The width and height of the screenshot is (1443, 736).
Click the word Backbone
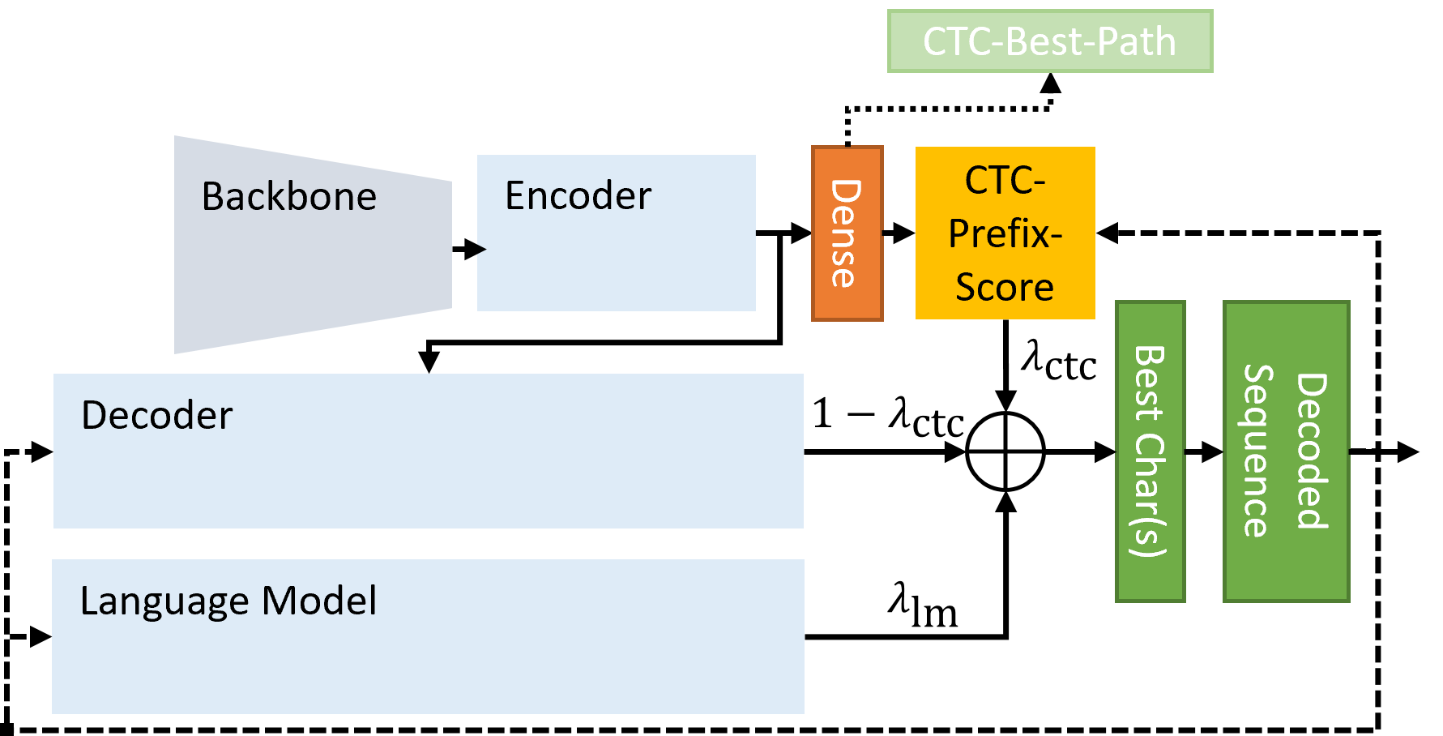click(289, 197)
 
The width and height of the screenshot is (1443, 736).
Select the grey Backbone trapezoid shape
click(312, 267)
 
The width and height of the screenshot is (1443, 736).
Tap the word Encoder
click(578, 196)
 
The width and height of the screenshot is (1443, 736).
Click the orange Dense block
click(847, 234)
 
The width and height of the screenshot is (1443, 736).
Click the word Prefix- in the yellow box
click(1005, 234)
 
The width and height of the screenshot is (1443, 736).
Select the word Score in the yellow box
click(1005, 288)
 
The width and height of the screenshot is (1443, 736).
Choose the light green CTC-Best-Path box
click(1049, 41)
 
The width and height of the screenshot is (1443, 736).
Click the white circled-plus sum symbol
click(1005, 451)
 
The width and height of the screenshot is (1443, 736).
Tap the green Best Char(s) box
click(1150, 451)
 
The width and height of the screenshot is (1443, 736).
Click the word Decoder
click(156, 416)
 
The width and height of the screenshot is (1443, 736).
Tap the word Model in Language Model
click(319, 601)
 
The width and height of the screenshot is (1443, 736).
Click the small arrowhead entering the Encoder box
click(481, 249)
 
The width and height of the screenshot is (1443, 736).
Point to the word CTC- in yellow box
click(1005, 181)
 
